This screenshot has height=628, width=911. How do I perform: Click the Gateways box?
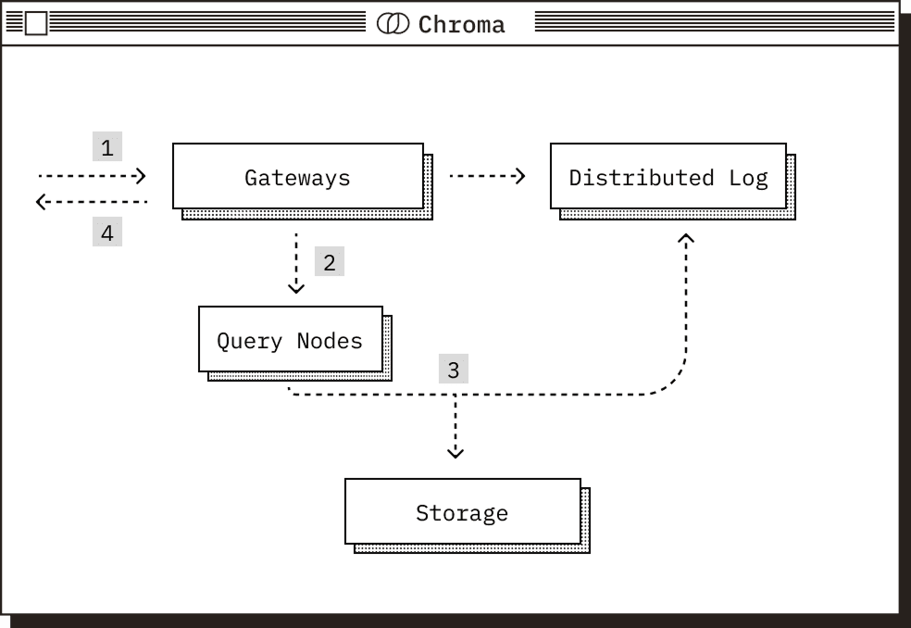point(298,176)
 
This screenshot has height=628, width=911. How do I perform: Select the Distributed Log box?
point(668,176)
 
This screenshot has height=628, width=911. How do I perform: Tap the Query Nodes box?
point(290,339)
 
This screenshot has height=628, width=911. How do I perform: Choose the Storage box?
point(462,511)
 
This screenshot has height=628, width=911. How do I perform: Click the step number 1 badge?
point(107,146)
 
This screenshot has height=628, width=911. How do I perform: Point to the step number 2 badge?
point(329,261)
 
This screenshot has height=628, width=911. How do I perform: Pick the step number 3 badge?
point(453,370)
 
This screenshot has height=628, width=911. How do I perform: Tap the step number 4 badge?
point(107,232)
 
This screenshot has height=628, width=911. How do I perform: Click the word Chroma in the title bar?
point(462,24)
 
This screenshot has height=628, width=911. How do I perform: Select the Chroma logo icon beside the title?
point(393,24)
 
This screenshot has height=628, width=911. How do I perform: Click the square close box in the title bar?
point(35,24)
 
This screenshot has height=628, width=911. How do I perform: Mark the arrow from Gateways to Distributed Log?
point(487,175)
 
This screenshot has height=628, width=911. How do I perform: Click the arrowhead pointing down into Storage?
point(455,452)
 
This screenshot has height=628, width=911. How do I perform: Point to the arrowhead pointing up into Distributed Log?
point(686,240)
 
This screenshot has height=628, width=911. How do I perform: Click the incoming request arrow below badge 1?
point(92,175)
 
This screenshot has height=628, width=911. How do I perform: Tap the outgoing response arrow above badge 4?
point(92,201)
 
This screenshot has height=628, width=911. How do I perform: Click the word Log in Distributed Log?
point(748,177)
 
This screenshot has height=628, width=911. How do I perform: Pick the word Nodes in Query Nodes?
point(330,340)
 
